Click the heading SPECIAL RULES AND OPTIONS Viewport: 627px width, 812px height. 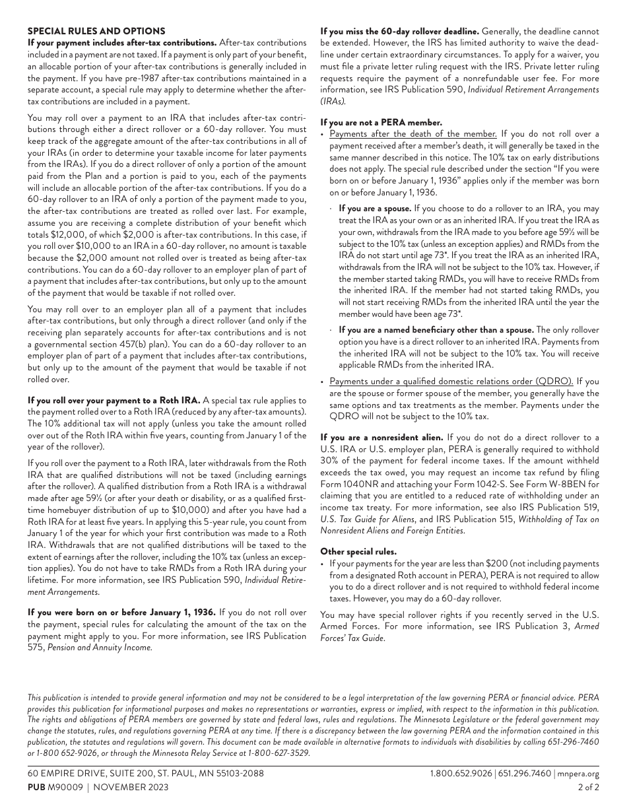[96, 31]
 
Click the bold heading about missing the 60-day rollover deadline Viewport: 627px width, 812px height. [399, 31]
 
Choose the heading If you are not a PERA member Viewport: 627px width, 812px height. [381, 122]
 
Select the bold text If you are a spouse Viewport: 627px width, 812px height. [375, 208]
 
